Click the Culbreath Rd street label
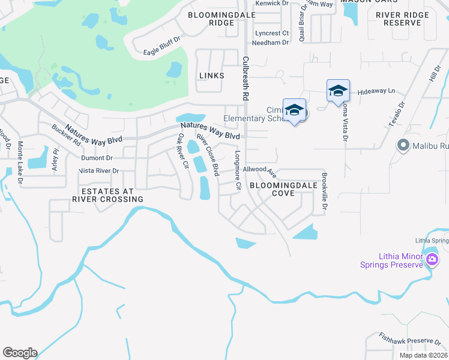(246, 79)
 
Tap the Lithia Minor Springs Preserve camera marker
(432, 260)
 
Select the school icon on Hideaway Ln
(338, 91)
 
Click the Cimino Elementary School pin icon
(294, 110)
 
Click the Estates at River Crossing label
(108, 194)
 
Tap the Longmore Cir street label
(238, 170)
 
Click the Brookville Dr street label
(324, 191)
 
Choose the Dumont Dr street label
(97, 158)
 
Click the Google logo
(20, 353)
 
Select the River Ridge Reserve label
(402, 19)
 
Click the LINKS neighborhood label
(211, 76)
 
